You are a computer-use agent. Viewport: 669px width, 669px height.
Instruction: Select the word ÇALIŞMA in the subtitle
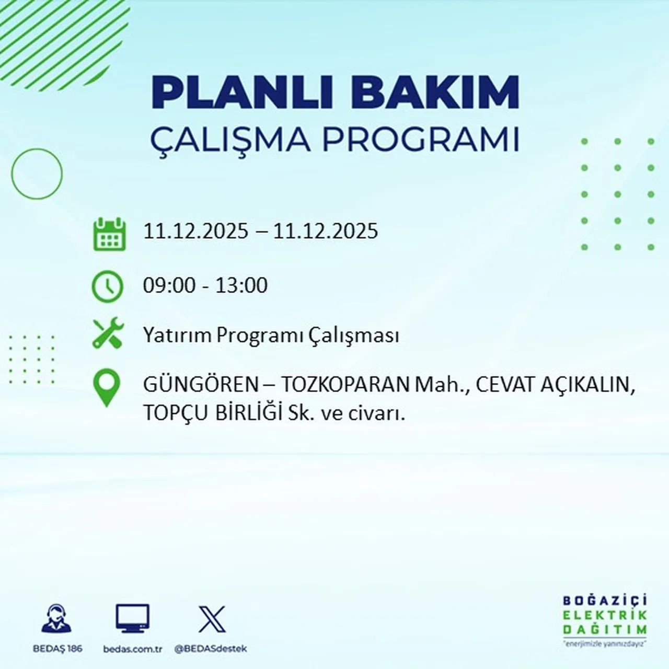click(x=230, y=140)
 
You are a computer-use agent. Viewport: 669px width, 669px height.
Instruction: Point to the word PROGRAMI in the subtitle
click(x=420, y=140)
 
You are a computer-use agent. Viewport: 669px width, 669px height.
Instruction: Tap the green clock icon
click(x=108, y=286)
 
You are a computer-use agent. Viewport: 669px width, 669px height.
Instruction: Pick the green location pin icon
click(x=106, y=387)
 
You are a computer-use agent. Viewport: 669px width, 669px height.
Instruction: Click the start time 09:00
click(x=169, y=285)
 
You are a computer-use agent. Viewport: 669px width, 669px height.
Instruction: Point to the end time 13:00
click(x=241, y=285)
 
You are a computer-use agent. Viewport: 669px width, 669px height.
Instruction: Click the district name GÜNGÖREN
click(x=201, y=385)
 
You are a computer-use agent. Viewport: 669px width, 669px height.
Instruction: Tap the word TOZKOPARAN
click(x=345, y=385)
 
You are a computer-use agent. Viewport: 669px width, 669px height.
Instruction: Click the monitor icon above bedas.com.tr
click(x=132, y=619)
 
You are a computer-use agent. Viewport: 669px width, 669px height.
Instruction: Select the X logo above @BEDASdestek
click(x=212, y=619)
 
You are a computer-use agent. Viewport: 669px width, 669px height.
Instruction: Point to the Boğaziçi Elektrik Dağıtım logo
click(x=605, y=620)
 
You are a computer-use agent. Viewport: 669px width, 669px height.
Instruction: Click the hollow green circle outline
click(x=37, y=174)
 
